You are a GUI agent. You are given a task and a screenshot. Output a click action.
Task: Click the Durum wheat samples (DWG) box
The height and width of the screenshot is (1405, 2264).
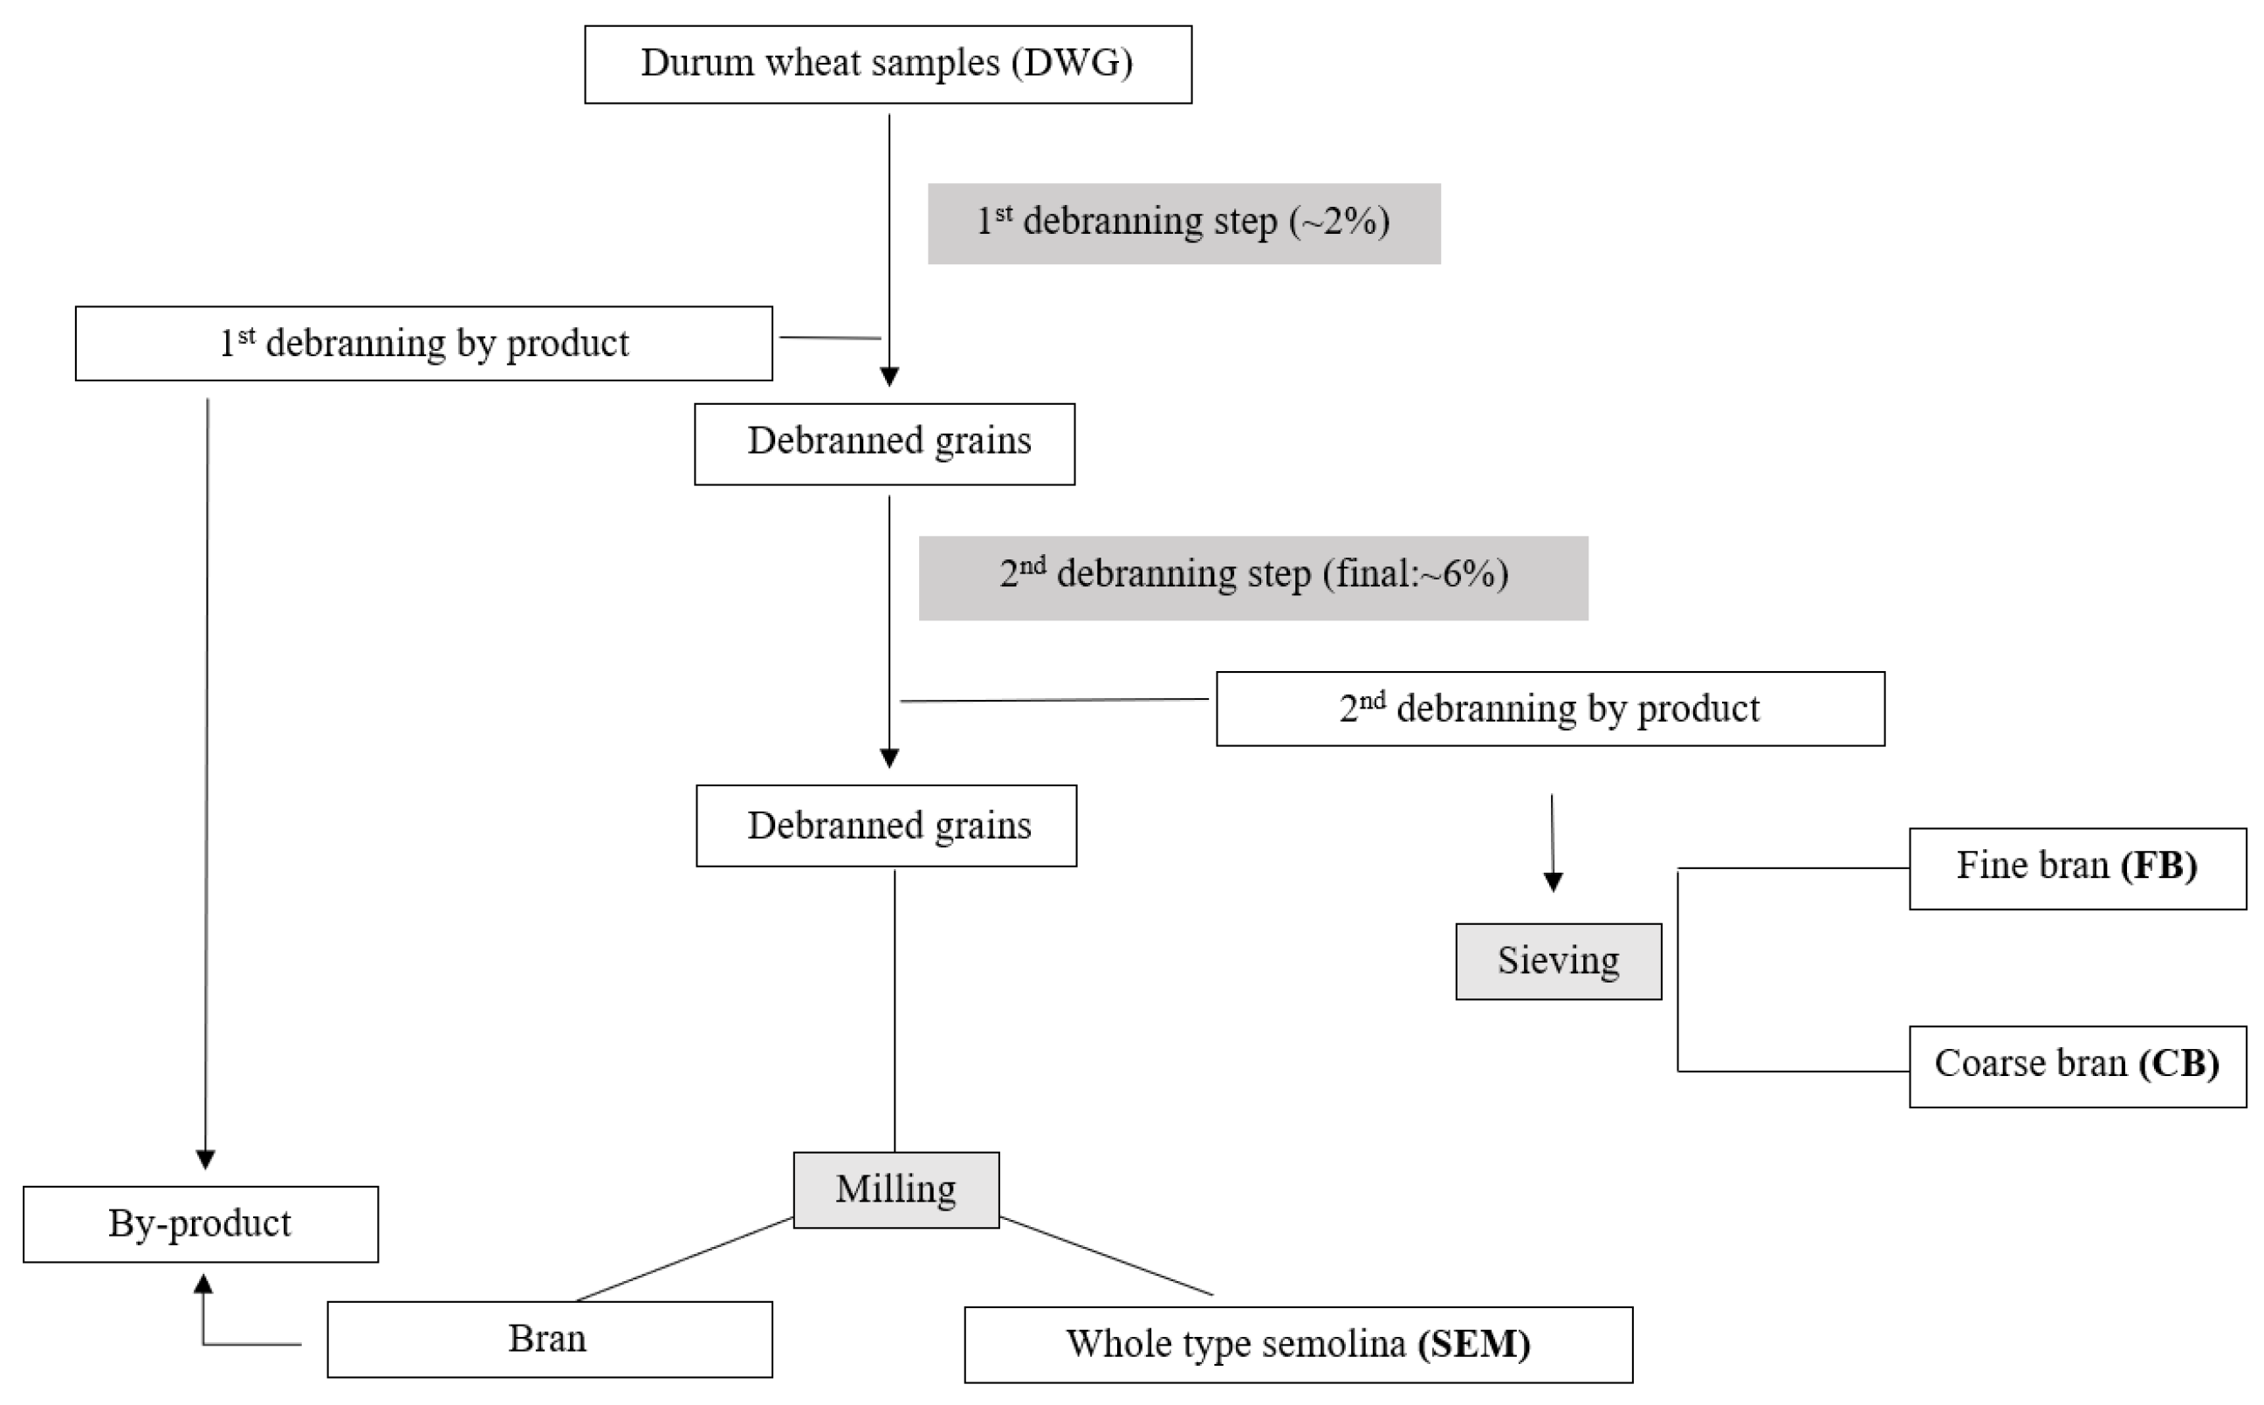(x=888, y=64)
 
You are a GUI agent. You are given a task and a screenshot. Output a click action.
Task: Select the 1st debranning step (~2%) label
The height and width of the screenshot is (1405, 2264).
(x=1183, y=223)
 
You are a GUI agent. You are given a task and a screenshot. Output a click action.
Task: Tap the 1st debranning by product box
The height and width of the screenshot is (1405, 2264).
(x=423, y=344)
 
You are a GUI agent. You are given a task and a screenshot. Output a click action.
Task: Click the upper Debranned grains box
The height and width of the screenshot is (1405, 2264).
(x=884, y=443)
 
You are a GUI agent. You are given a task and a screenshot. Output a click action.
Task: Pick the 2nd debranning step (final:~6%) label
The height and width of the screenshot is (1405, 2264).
(x=1252, y=577)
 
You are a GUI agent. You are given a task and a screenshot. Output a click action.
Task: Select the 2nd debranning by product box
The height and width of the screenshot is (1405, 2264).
(x=1549, y=709)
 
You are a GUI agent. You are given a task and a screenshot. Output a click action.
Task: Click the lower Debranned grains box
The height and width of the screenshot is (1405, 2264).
(x=886, y=826)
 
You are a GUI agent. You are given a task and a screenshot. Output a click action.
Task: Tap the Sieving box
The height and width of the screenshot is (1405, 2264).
(x=1558, y=962)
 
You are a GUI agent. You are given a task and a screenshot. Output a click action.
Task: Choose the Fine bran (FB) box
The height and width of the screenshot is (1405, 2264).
(x=2077, y=868)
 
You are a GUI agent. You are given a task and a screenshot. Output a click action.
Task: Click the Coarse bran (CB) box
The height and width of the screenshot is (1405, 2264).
(x=2077, y=1066)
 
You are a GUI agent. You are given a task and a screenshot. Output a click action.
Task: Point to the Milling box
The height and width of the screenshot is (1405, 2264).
(x=895, y=1190)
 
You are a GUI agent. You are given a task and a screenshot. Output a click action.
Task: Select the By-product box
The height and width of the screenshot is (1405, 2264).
(x=200, y=1223)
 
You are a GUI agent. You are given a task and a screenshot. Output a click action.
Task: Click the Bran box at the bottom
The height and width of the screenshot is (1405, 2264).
(x=548, y=1339)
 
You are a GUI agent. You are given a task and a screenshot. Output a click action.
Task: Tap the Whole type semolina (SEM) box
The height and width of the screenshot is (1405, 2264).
(x=1298, y=1345)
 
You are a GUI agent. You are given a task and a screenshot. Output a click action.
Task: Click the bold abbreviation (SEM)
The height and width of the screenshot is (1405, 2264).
(x=1473, y=1345)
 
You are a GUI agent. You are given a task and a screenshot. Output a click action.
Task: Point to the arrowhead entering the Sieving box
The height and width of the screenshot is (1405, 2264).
(x=1552, y=882)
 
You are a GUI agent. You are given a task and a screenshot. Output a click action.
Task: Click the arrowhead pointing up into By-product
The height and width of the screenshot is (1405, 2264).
(x=202, y=1285)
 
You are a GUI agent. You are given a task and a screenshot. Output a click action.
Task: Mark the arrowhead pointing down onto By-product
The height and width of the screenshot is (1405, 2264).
(x=205, y=1159)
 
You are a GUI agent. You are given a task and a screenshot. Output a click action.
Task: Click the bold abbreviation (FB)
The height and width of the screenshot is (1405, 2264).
(x=2158, y=866)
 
